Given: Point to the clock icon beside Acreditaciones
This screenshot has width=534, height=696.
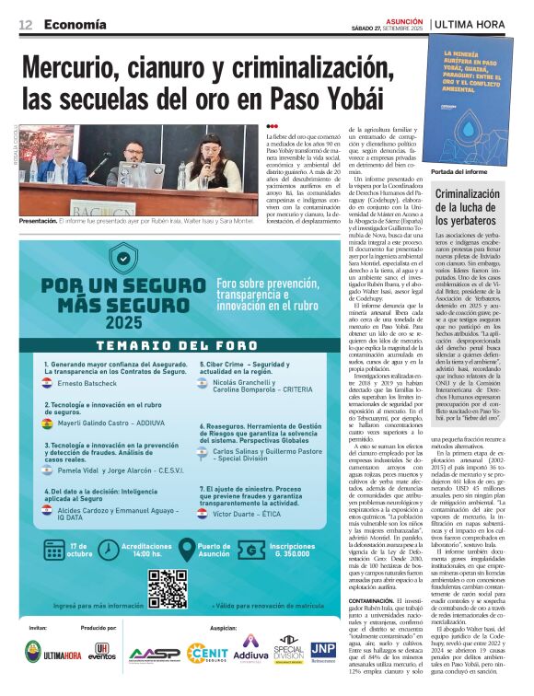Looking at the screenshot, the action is pyautogui.click(x=102, y=550).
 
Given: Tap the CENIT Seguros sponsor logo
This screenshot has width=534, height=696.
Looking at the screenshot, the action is pyautogui.click(x=210, y=653).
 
